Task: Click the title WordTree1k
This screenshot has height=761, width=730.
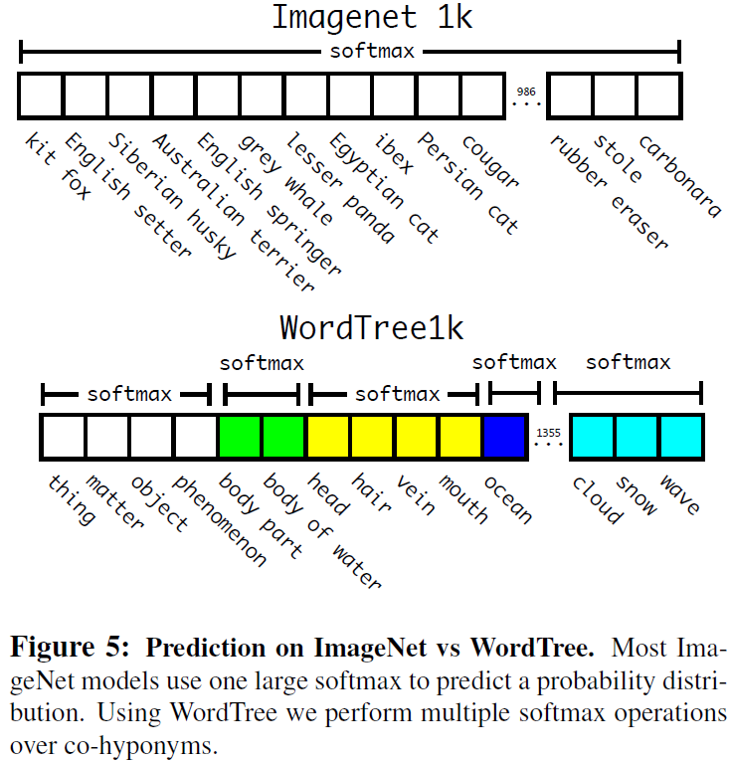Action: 371,327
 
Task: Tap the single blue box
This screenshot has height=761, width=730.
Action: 506,437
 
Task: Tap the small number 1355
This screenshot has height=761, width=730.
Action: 548,433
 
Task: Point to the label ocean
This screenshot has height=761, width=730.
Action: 508,498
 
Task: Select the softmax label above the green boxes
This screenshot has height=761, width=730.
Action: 262,363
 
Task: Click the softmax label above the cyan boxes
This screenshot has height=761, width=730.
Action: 628,363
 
